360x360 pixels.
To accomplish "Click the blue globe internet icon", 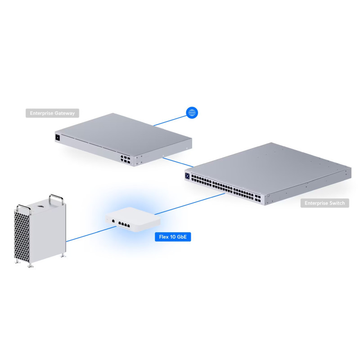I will coord(192,112).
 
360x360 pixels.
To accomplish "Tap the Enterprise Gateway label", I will coord(52,113).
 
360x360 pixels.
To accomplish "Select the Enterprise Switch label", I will coord(324,203).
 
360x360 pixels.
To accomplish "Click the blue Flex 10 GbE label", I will coord(173,237).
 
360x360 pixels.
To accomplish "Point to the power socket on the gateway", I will coord(58,138).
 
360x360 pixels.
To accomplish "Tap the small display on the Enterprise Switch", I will coord(187,175).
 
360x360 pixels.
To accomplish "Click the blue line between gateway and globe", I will coord(169,120).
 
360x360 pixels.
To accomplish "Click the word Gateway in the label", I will coord(64,113).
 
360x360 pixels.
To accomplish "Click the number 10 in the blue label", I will coord(173,237).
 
